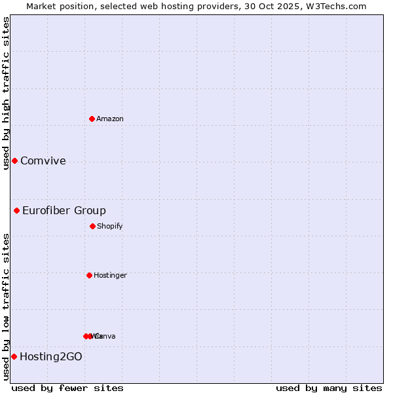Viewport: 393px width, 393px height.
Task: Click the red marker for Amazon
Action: tap(92, 119)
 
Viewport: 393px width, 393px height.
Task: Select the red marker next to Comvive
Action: tap(14, 160)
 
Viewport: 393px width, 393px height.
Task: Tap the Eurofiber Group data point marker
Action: tap(17, 210)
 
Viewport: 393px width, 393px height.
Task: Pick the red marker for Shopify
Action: tap(92, 226)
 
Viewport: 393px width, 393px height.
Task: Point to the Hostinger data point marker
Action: tap(89, 275)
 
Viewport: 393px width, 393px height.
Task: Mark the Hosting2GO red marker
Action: tap(14, 356)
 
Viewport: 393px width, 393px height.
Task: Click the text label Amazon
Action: tap(110, 119)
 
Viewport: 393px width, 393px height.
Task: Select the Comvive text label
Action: tap(43, 160)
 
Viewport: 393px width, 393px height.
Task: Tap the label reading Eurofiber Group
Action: tap(64, 210)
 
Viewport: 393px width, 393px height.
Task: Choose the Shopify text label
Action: tap(110, 226)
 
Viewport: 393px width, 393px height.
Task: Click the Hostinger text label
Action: tap(110, 275)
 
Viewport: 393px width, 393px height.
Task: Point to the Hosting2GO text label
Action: tap(51, 356)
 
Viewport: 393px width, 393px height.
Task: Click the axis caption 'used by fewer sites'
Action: tap(67, 388)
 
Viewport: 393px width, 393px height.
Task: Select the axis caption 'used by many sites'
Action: tap(329, 388)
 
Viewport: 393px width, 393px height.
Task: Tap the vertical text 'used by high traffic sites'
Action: tap(6, 92)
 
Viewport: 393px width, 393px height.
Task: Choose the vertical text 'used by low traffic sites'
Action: tap(6, 306)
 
